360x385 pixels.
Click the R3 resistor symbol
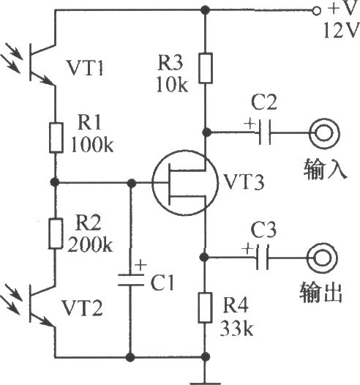click(206, 68)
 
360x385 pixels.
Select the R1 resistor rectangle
click(56, 138)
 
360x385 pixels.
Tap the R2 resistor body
click(56, 233)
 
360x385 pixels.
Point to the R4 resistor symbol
click(205, 307)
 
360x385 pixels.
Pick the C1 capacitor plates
click(130, 280)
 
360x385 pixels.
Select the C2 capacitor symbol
click(265, 132)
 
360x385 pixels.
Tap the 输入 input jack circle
click(324, 119)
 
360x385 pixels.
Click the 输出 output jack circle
click(322, 244)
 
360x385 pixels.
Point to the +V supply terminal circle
click(317, 11)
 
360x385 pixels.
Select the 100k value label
click(92, 144)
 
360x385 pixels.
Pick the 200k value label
click(90, 244)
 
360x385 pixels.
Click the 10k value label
click(172, 84)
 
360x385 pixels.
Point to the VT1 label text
click(85, 67)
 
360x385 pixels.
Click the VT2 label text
click(82, 307)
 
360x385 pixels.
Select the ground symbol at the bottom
click(205, 383)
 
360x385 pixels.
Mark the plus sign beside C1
click(141, 265)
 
